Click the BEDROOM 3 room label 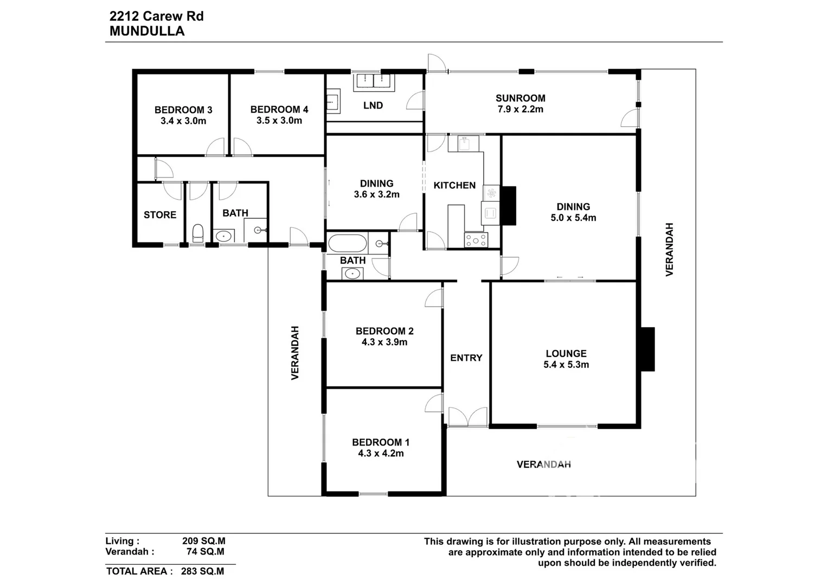tap(183, 110)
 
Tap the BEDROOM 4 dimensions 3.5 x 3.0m tap(279, 120)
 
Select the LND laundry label tap(373, 105)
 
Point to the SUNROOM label tap(520, 98)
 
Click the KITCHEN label tap(454, 186)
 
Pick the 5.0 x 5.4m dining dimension tap(573, 218)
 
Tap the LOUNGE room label tap(566, 354)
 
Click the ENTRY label tap(466, 358)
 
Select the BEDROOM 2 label tap(384, 331)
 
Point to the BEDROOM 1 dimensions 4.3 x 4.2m tap(381, 454)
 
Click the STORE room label tap(160, 215)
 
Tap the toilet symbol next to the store tap(198, 233)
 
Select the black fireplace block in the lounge tap(647, 349)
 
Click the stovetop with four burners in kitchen tap(476, 239)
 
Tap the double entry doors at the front tap(468, 417)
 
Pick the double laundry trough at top tap(374, 81)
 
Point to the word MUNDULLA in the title tap(147, 31)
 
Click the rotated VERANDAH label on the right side tap(669, 249)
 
